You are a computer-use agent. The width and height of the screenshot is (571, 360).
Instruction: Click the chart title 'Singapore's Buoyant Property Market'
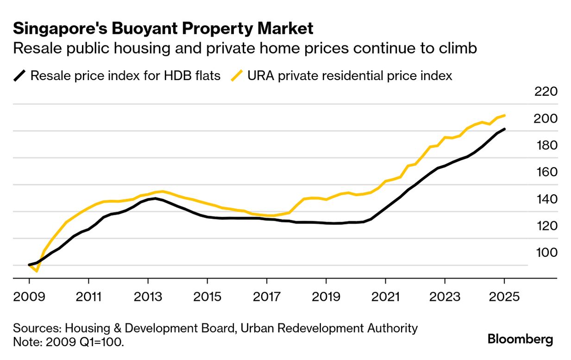(163, 29)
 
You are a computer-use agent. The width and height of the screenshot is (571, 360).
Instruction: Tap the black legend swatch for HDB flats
(19, 75)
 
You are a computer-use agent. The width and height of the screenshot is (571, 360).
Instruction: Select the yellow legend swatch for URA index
(237, 75)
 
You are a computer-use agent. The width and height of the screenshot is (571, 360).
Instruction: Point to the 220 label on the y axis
(545, 92)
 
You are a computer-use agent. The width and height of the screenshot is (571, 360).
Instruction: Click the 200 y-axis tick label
(545, 118)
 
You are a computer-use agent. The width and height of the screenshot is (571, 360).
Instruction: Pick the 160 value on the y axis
(545, 172)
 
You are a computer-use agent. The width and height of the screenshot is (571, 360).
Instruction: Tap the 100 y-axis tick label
(545, 253)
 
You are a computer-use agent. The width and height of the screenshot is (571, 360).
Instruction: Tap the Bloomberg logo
(520, 339)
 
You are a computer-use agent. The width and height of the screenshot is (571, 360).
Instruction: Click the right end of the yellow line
(504, 115)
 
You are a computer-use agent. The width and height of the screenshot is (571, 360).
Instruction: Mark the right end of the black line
(504, 129)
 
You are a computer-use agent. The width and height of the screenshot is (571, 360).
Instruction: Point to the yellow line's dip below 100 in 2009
(37, 271)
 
